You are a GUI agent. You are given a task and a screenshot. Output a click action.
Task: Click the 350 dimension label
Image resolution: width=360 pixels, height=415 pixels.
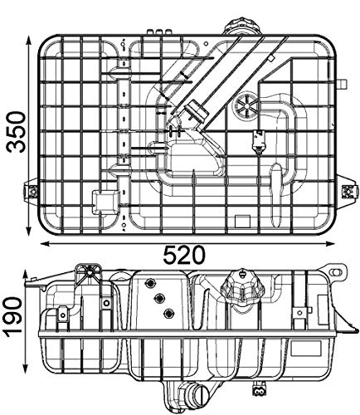tap(16, 132)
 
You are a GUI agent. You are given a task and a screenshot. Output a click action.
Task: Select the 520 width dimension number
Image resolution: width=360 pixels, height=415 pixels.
tap(184, 255)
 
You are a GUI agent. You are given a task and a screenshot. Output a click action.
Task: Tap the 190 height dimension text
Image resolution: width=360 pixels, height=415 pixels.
tap(14, 318)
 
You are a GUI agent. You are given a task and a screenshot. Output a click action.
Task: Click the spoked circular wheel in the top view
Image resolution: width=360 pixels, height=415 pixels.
tap(246, 105)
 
